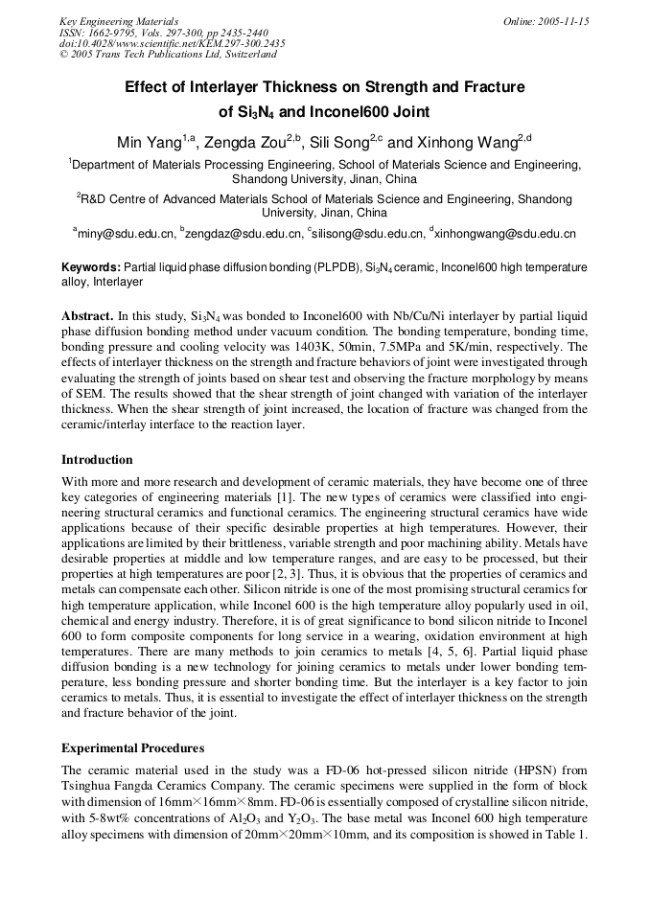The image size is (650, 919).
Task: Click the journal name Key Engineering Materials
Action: click(119, 21)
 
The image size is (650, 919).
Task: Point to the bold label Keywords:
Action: click(91, 266)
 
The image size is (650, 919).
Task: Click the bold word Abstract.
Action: click(87, 315)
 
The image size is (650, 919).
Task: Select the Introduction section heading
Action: click(97, 459)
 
